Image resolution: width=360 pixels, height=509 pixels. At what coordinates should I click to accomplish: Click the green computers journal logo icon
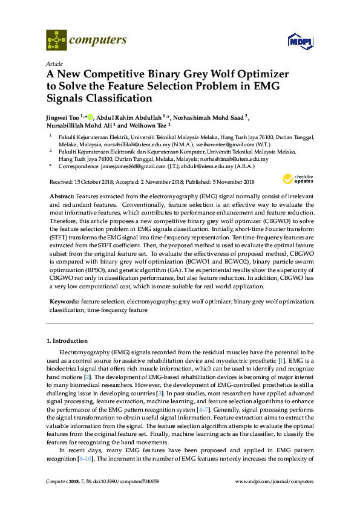tap(56, 41)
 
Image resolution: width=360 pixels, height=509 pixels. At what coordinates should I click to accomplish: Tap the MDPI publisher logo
tap(300, 42)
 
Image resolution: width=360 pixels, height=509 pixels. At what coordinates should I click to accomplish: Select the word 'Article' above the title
tap(54, 63)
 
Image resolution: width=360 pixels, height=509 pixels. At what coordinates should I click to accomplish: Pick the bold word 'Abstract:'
tap(61, 197)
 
